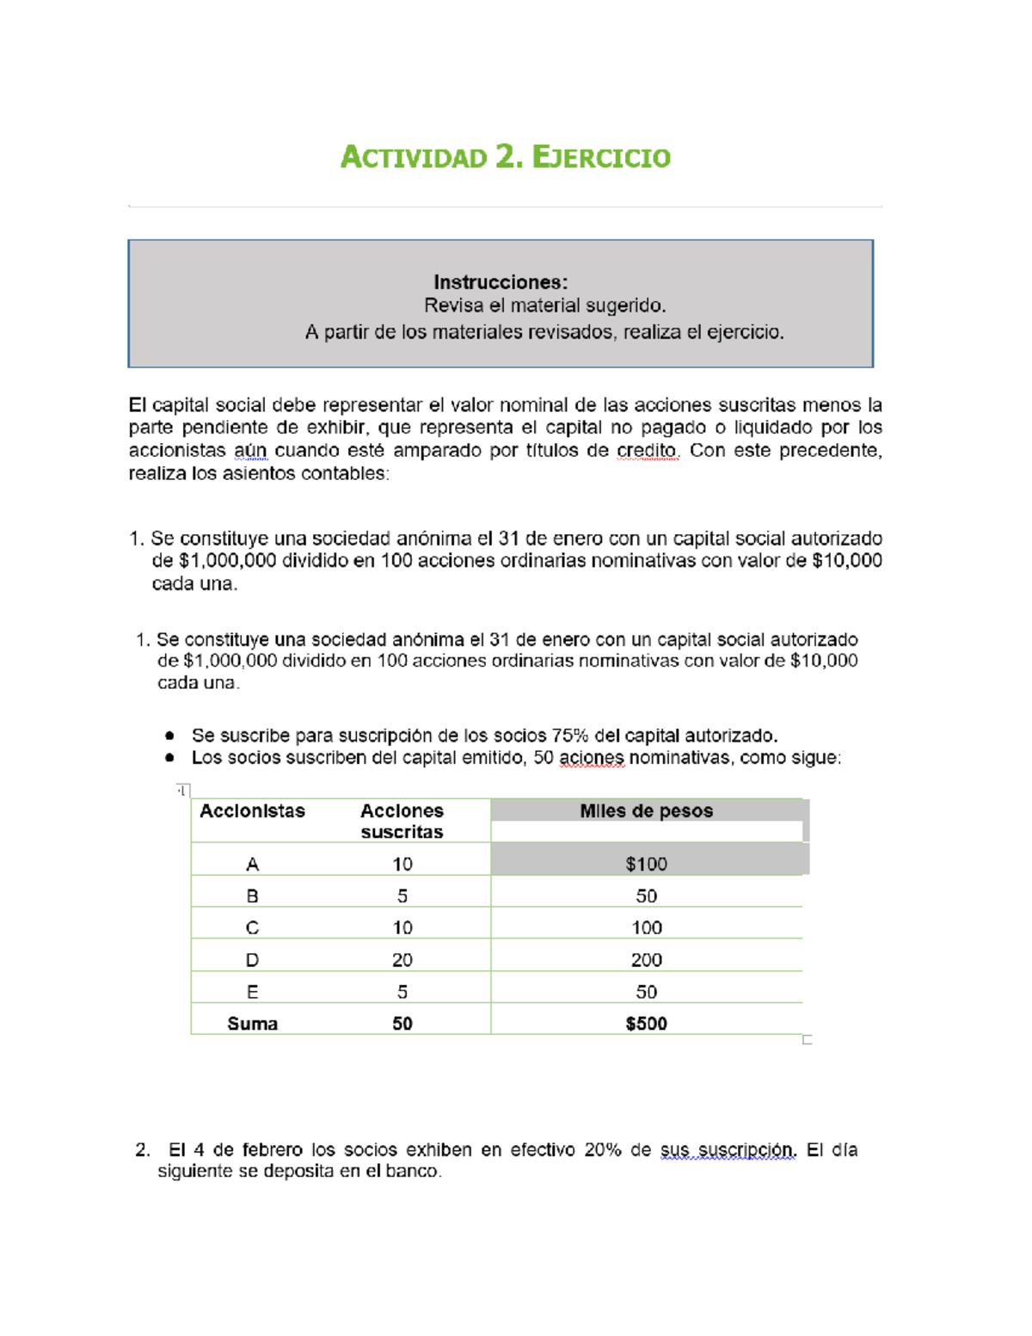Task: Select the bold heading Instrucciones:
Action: (x=500, y=282)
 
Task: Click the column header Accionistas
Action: (x=252, y=811)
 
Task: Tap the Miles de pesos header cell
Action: (x=646, y=811)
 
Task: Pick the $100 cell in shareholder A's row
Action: (x=646, y=864)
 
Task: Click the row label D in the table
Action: (x=252, y=960)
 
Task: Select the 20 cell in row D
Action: (x=402, y=960)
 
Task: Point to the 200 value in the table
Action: (x=646, y=960)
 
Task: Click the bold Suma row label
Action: (x=252, y=1024)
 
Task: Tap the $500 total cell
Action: (x=646, y=1024)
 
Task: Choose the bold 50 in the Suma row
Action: (x=402, y=1024)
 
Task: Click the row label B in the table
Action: (x=252, y=896)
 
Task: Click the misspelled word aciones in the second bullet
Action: (x=591, y=758)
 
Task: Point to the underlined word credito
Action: (x=647, y=451)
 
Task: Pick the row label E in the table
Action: (x=252, y=992)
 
